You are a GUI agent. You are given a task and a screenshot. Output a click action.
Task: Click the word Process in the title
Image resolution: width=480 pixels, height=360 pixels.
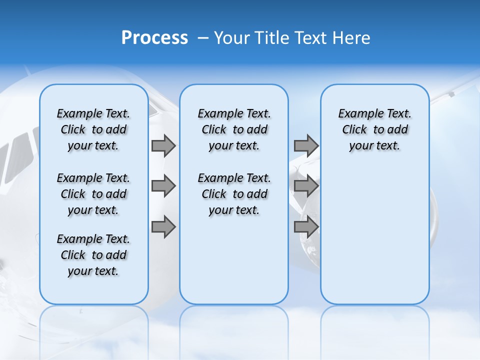pyautogui.click(x=154, y=38)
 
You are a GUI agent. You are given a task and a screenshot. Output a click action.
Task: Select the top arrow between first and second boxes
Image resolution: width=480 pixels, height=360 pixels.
pyautogui.click(x=163, y=145)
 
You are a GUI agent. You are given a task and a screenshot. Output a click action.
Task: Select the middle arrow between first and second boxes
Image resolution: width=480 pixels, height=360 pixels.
pyautogui.click(x=163, y=186)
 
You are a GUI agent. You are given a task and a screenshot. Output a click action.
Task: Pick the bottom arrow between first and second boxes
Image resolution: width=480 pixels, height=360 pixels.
pyautogui.click(x=163, y=227)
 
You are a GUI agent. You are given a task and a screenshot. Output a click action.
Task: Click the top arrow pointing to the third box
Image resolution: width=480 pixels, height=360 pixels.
pyautogui.click(x=306, y=145)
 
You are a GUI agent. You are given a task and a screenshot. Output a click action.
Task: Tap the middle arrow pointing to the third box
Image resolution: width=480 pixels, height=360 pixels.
pyautogui.click(x=306, y=186)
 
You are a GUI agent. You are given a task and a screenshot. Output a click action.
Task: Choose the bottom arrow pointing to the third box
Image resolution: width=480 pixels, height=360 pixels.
pyautogui.click(x=306, y=227)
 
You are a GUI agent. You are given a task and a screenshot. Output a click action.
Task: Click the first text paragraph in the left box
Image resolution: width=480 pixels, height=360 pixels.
pyautogui.click(x=93, y=129)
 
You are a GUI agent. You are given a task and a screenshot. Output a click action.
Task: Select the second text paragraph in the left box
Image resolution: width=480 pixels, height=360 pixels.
pyautogui.click(x=93, y=194)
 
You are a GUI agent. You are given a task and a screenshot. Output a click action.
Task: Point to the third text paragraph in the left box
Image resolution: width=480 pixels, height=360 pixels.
pyautogui.click(x=93, y=255)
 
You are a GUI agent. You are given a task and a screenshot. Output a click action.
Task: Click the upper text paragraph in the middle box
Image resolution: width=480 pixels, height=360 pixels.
pyautogui.click(x=234, y=129)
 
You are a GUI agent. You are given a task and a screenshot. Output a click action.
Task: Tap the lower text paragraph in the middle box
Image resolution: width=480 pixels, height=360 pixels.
pyautogui.click(x=234, y=194)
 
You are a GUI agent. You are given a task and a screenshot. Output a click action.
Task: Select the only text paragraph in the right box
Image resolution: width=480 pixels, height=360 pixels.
pyautogui.click(x=374, y=129)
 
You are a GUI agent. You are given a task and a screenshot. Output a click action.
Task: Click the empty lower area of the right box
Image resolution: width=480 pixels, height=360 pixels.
pyautogui.click(x=374, y=235)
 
